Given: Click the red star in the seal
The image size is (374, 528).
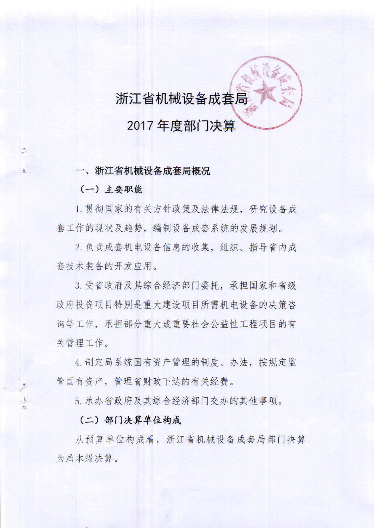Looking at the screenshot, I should pos(265,92).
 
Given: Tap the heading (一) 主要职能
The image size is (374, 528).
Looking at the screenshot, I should pos(111,189).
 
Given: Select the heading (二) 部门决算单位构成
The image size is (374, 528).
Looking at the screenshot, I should pos(130,420).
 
